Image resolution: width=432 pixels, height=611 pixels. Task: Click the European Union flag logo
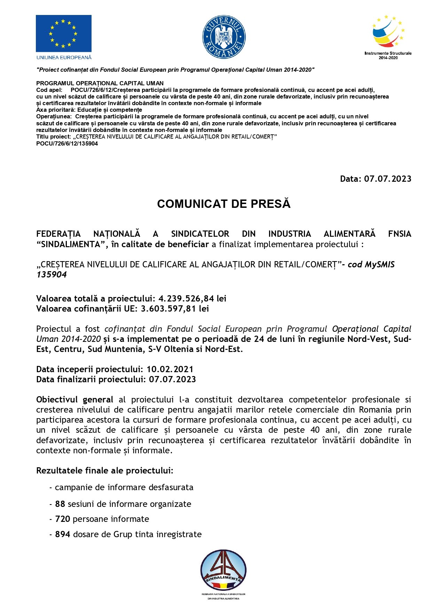tap(63, 33)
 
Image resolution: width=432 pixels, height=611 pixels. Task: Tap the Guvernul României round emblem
tap(224, 37)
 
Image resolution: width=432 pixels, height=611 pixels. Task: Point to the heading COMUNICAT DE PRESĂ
tap(223, 204)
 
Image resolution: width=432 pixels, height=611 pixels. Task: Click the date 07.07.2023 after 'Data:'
tap(387, 179)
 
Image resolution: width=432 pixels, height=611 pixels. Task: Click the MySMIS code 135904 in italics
tap(52, 275)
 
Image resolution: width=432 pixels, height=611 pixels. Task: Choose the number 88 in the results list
tap(60, 504)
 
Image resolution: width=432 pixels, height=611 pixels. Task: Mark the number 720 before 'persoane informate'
tap(63, 519)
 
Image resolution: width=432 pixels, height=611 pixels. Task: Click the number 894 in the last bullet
tap(63, 534)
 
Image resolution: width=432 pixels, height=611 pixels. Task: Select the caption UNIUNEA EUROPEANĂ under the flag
tap(64, 57)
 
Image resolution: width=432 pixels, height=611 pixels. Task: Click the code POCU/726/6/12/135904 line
tap(67, 143)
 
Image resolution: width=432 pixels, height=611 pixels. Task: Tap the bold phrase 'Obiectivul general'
tap(74, 400)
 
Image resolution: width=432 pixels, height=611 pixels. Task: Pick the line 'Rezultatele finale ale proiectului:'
tap(105, 471)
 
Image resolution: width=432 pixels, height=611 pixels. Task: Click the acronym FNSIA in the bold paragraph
tap(399, 234)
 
